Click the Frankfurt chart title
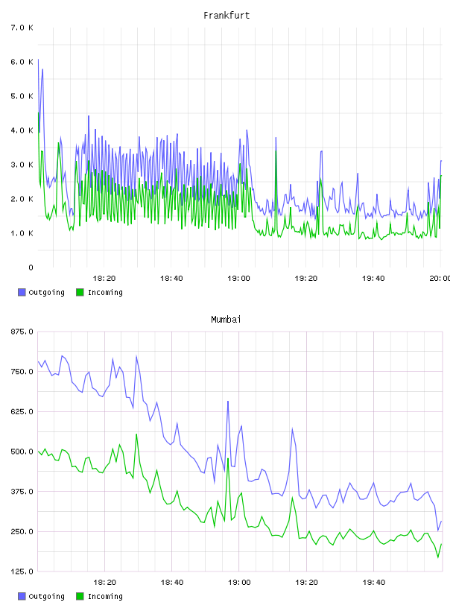226,15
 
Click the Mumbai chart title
226,319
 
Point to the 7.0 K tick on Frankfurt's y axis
22,28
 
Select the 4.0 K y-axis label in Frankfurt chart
22,130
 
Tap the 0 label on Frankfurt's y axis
31,267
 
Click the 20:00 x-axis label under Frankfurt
440,278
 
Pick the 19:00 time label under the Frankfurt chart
238,278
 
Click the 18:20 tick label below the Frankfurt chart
104,278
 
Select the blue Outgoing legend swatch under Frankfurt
22,292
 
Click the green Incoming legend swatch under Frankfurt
80,292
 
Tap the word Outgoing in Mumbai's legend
46,596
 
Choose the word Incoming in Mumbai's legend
105,596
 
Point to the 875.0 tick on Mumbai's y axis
22,332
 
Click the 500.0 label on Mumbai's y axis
22,452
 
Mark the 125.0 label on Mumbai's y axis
22,571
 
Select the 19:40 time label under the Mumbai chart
374,582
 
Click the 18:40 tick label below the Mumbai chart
172,582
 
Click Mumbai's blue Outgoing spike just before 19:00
228,402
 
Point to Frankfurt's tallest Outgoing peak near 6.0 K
38,60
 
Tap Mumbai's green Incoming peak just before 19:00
228,459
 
